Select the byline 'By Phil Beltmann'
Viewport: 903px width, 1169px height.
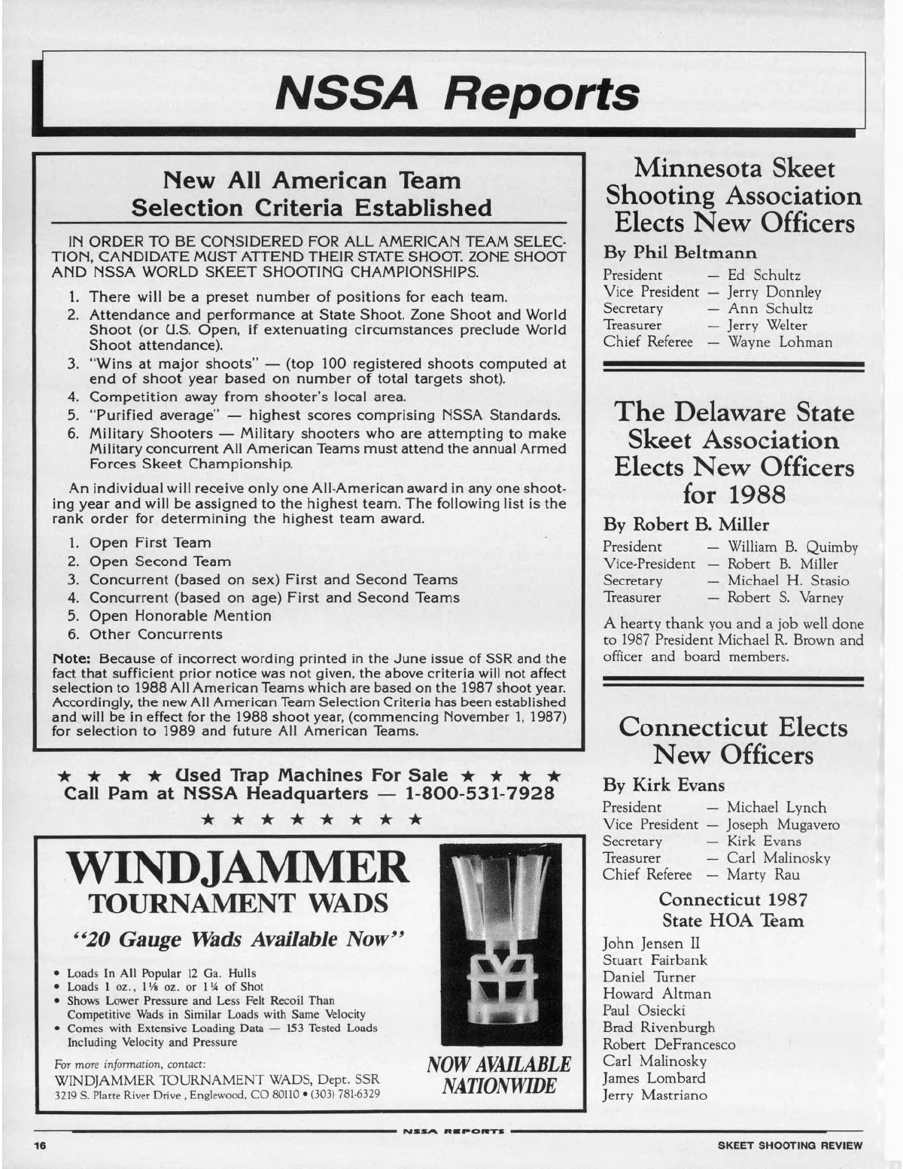pos(680,253)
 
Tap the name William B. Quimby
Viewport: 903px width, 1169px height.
pos(792,547)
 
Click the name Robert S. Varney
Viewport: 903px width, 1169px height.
pos(785,598)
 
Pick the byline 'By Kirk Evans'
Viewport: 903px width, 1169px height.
pos(664,785)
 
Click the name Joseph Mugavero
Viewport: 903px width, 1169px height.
pos(783,824)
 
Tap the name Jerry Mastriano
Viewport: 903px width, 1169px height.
pos(655,1095)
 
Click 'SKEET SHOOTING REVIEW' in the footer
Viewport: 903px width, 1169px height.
pos(790,1145)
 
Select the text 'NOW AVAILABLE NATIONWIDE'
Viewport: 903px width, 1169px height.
pos(499,1075)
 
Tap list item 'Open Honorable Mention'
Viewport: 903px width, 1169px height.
pos(180,616)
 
